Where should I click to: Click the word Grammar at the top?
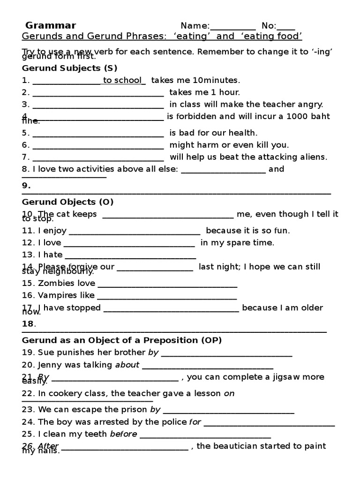click(51, 26)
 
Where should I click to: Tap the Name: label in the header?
click(195, 26)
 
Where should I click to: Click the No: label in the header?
click(269, 26)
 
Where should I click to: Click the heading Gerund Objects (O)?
click(68, 202)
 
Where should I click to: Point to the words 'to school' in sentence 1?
click(122, 80)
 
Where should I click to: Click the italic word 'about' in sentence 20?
click(127, 365)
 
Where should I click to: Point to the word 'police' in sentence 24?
click(174, 422)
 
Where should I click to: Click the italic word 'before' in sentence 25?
click(123, 434)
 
